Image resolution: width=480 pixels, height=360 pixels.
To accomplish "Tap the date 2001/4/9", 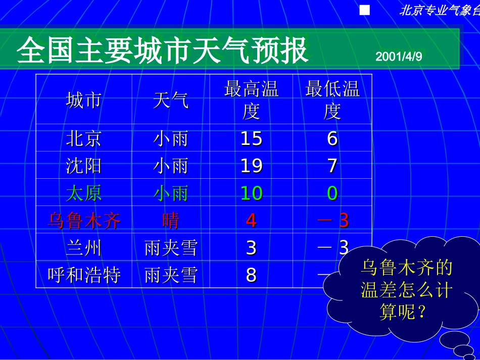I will tap(399, 57).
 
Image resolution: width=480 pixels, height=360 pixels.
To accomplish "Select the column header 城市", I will tap(83, 100).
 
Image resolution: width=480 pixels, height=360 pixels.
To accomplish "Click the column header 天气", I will tap(171, 100).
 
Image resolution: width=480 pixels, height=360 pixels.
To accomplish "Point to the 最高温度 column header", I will tap(251, 100).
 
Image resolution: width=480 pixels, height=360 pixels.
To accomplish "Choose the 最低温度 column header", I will tap(332, 100).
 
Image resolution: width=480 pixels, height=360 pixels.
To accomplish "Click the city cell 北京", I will tap(83, 138).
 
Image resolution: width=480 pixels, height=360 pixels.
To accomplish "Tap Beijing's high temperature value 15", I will tap(251, 138).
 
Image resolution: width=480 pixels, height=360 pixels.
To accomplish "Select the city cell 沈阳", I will tap(83, 166).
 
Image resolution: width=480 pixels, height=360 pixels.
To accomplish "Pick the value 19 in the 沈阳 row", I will tap(251, 166).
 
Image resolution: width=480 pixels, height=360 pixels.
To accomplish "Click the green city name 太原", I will tap(83, 193).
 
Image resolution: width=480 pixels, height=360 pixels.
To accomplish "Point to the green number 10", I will tap(251, 193).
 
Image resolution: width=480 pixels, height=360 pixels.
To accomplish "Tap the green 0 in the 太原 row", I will tap(332, 193).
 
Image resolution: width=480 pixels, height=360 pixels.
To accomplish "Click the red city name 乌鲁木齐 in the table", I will tap(83, 220).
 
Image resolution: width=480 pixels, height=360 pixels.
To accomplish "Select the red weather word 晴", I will tap(171, 220).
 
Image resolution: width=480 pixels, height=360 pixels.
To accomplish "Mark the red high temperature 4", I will tap(251, 220).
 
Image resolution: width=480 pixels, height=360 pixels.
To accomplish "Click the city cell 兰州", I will tap(83, 247).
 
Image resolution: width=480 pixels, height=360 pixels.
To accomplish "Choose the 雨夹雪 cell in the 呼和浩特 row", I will tap(171, 275).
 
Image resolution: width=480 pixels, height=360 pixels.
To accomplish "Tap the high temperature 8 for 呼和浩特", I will tap(251, 275).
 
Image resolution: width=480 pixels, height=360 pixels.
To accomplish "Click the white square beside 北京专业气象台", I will tap(365, 11).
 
